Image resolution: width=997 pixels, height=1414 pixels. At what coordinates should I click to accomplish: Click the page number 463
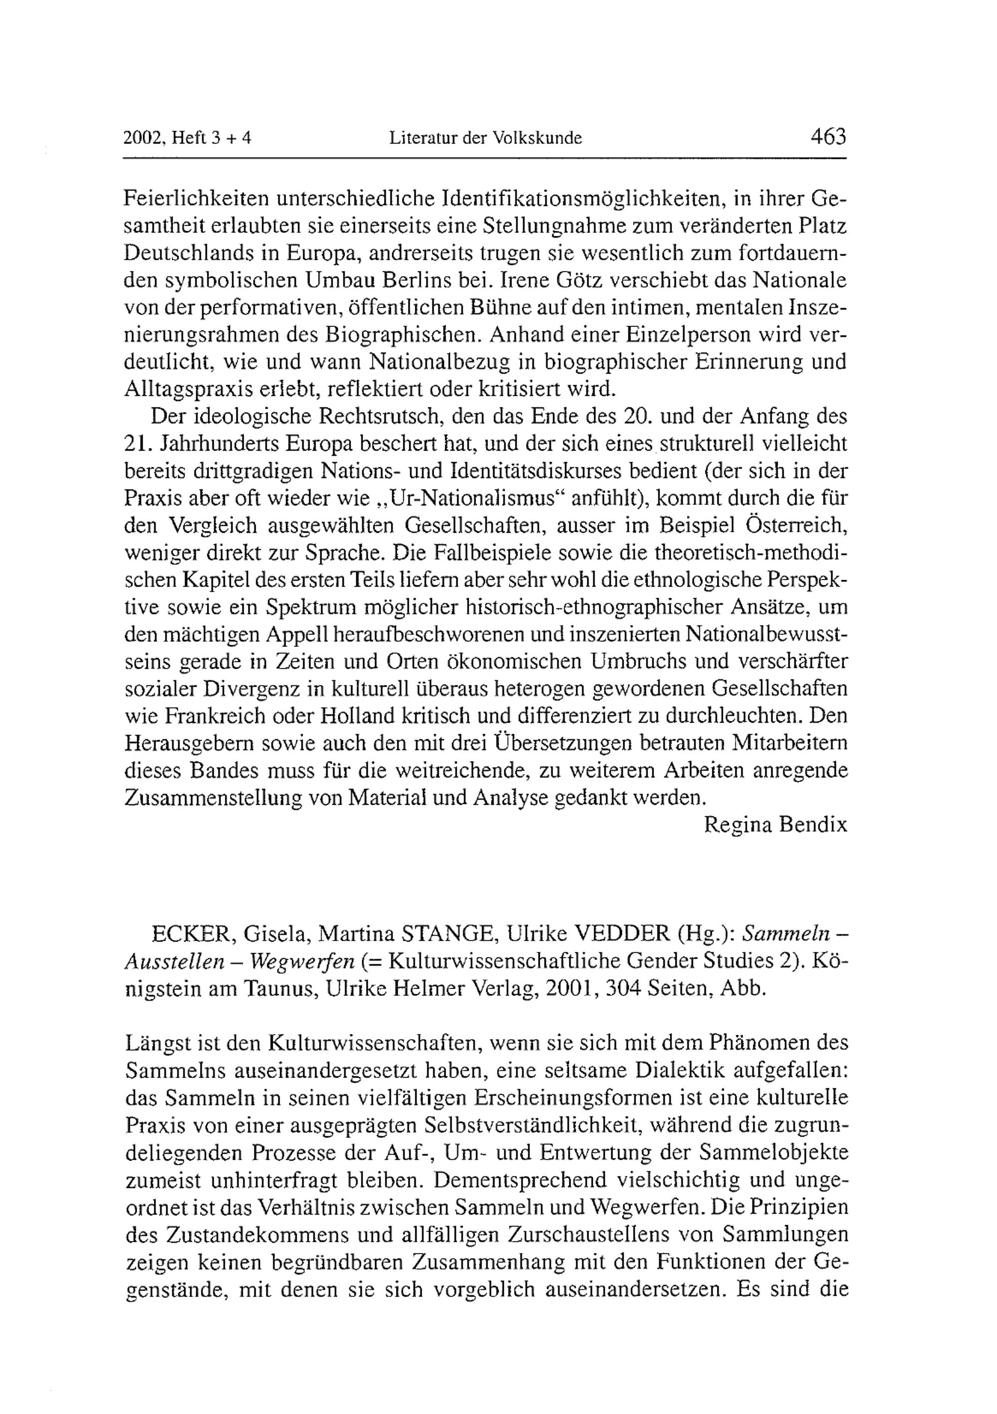coord(829,136)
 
